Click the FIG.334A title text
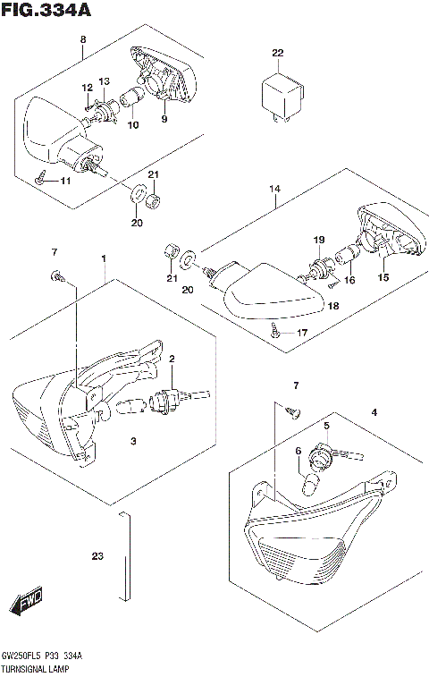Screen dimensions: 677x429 click(45, 11)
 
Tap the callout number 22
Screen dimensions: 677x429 click(277, 54)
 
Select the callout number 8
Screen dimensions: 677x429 click(83, 40)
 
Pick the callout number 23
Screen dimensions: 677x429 click(97, 557)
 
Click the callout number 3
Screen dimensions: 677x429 click(132, 442)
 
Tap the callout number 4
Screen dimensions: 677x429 click(374, 412)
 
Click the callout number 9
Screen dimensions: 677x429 click(164, 119)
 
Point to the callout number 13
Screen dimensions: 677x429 click(104, 82)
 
